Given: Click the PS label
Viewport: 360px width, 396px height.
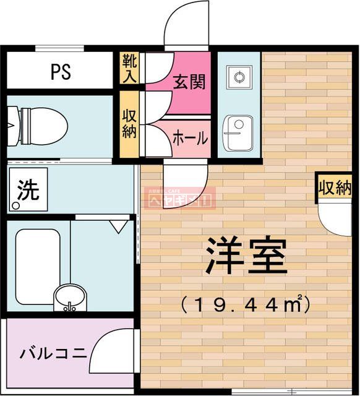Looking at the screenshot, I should (x=61, y=72).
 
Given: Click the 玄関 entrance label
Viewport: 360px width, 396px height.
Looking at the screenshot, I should (x=189, y=81).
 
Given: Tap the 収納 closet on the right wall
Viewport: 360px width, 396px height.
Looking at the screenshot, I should (x=335, y=187).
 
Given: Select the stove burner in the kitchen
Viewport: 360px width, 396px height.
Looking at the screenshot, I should (x=238, y=79).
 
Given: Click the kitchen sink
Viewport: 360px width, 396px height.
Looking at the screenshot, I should (x=237, y=132).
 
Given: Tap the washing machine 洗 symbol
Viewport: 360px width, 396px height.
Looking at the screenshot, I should (x=26, y=191).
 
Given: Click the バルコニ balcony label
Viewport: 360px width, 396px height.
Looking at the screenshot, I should (x=53, y=354).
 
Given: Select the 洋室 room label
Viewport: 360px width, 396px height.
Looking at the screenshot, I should (x=247, y=255).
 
